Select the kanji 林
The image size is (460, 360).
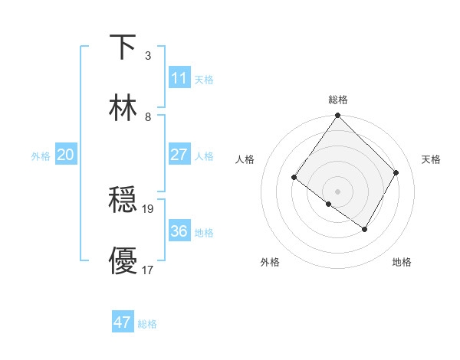(123, 108)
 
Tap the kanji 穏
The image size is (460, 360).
(123, 200)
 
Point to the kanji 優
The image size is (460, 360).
(123, 260)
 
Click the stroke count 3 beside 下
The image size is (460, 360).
(148, 55)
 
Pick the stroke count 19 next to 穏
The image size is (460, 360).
(149, 208)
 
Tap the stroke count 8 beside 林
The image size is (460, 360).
(148, 116)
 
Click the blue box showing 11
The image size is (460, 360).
(179, 78)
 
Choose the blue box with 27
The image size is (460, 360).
(179, 155)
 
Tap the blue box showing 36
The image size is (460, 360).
(179, 231)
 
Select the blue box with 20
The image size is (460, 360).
(65, 155)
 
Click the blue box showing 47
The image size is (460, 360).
(122, 322)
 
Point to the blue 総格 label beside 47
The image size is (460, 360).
(147, 324)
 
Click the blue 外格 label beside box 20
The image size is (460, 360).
(41, 156)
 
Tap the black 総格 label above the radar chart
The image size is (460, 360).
(338, 100)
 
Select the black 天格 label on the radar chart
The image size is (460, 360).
(431, 159)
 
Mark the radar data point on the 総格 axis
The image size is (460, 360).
(337, 116)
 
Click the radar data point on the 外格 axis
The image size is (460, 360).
(329, 205)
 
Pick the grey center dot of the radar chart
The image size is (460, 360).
(337, 190)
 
